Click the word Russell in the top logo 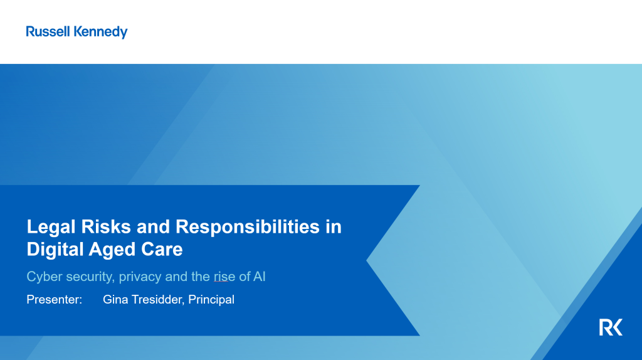(48, 31)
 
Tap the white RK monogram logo (611, 327)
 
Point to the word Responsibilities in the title (247, 227)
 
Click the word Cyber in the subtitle (45, 277)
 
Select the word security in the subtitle (90, 277)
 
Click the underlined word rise (224, 277)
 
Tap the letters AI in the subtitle (259, 277)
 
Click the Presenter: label (55, 299)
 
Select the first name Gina (115, 299)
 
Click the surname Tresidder (157, 299)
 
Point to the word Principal (211, 300)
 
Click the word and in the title (153, 226)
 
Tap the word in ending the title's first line (334, 226)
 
